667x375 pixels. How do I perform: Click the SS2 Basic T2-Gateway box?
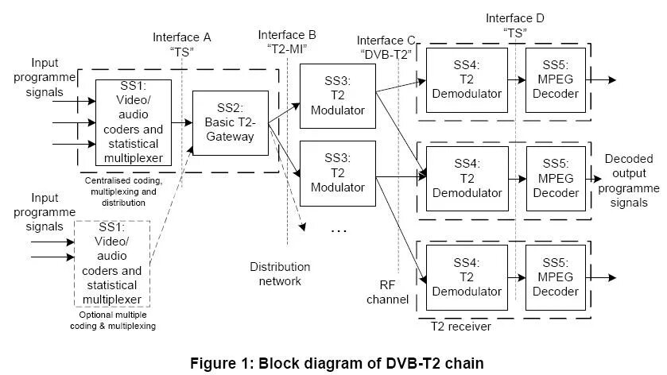(x=230, y=122)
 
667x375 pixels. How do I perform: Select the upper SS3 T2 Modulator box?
(x=338, y=95)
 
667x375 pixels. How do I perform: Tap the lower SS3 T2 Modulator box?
(x=338, y=173)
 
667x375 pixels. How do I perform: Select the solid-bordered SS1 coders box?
(x=134, y=122)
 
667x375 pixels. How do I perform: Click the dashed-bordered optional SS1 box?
(x=112, y=264)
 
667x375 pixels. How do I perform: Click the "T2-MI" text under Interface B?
(x=287, y=48)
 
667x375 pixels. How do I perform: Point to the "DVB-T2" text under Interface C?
(x=386, y=55)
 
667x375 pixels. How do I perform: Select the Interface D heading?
(x=516, y=17)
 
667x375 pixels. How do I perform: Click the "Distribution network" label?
(x=280, y=273)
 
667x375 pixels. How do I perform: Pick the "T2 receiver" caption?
(x=460, y=326)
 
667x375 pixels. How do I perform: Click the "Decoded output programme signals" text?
(x=629, y=180)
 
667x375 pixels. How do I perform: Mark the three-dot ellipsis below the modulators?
(x=339, y=230)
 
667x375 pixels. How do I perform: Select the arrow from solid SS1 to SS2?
(x=182, y=122)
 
